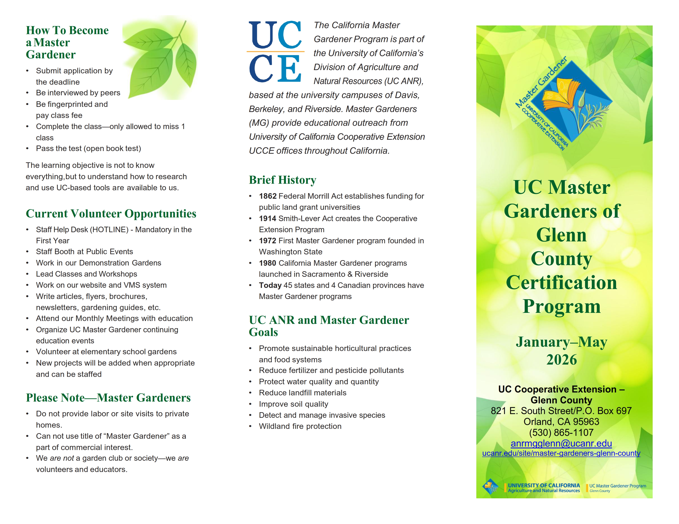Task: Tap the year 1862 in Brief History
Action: [268, 196]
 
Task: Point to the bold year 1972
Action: [268, 241]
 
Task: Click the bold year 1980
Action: [268, 263]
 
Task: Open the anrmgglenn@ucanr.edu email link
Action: [561, 444]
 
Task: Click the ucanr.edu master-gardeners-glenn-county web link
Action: [561, 453]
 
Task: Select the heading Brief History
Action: [282, 180]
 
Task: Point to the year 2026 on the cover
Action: [562, 360]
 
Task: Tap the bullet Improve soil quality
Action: [293, 404]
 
